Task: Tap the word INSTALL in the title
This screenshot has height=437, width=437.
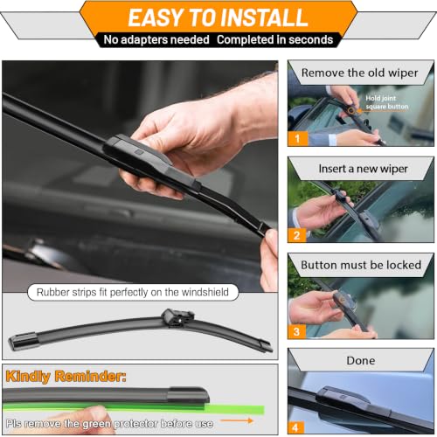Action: [x=263, y=17]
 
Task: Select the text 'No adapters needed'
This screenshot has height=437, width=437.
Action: [x=156, y=39]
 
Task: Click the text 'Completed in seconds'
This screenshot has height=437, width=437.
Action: [x=274, y=39]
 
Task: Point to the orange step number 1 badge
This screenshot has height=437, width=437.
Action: [x=297, y=138]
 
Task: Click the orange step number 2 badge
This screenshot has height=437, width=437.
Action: [x=297, y=235]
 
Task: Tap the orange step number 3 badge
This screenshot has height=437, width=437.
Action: [x=297, y=331]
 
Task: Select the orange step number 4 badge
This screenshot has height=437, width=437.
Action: [x=295, y=427]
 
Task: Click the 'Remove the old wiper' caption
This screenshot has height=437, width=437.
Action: [x=359, y=73]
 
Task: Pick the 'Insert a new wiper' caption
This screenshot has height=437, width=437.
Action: [x=363, y=169]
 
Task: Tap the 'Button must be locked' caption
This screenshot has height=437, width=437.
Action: [x=361, y=265]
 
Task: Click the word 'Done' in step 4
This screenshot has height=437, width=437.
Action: [x=361, y=361]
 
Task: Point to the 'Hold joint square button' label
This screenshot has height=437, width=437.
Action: [x=387, y=102]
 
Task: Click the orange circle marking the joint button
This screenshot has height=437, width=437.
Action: [x=351, y=111]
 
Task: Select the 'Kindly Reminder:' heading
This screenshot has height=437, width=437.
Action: [x=66, y=376]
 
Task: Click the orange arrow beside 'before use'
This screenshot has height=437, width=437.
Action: [x=236, y=420]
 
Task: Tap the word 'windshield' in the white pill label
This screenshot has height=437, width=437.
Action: [x=205, y=292]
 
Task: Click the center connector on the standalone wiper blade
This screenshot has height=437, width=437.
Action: [x=177, y=317]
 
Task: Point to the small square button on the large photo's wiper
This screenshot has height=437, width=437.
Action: [x=139, y=152]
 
